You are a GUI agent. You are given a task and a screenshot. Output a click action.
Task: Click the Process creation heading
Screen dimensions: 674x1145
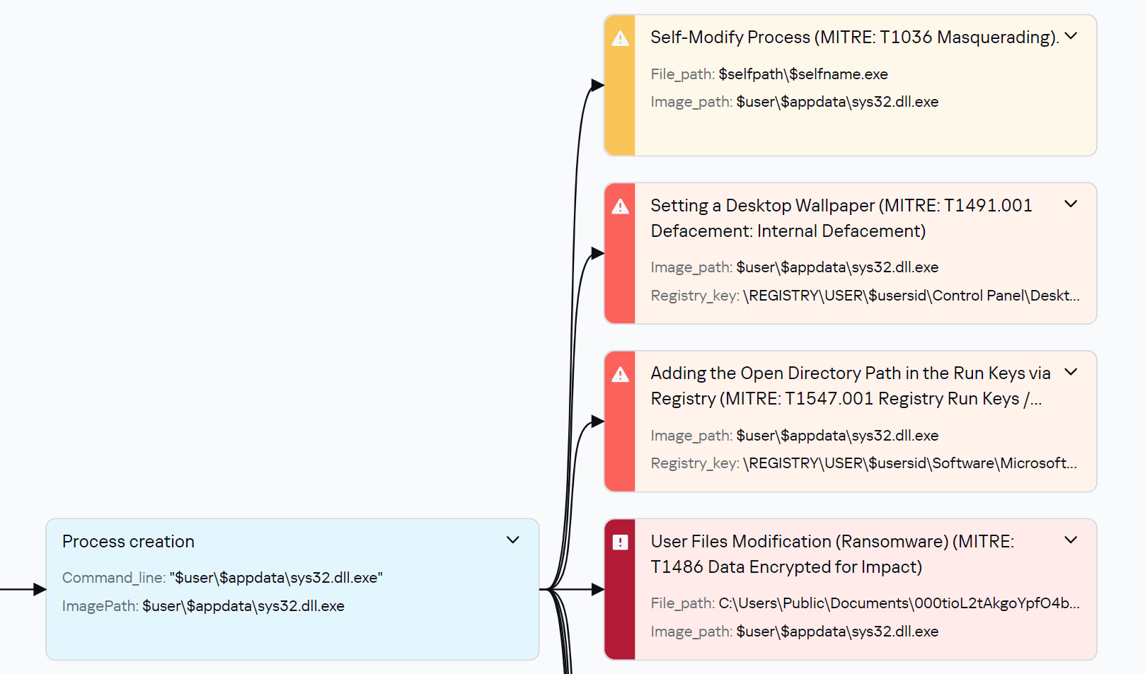tap(128, 542)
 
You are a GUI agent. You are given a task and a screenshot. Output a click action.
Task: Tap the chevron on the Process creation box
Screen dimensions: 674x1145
tap(513, 540)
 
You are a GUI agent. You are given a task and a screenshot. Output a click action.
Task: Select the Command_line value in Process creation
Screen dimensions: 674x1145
tap(276, 578)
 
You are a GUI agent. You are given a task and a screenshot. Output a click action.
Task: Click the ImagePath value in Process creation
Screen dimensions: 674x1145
tap(243, 606)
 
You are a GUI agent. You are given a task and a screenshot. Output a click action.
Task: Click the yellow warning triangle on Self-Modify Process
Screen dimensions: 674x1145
tap(620, 39)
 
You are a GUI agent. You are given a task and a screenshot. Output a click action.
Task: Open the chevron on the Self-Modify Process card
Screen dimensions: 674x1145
tap(1071, 36)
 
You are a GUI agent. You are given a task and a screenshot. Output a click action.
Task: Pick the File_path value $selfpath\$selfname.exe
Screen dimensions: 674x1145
tap(803, 74)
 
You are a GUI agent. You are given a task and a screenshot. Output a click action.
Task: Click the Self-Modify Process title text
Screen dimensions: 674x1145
tap(854, 37)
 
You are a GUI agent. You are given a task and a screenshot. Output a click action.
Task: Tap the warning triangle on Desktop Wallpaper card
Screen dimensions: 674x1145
tap(620, 207)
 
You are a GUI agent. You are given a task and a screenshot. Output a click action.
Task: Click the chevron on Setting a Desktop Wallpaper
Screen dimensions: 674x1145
tap(1071, 204)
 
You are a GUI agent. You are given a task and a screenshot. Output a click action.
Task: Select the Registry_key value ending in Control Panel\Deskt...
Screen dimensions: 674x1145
tap(911, 296)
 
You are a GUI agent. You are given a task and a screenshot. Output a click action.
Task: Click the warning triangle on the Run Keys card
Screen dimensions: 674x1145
tap(620, 375)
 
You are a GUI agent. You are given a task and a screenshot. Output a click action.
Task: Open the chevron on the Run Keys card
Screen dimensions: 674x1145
tap(1071, 372)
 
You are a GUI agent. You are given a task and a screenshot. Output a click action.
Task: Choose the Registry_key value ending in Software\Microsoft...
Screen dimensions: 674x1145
tap(910, 463)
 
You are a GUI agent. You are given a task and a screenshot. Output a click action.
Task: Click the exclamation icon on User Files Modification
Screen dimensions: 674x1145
tap(620, 542)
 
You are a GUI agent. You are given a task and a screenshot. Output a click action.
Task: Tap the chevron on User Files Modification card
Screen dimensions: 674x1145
tap(1071, 540)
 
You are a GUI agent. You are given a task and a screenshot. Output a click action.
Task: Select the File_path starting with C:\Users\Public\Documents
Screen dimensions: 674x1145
tap(899, 603)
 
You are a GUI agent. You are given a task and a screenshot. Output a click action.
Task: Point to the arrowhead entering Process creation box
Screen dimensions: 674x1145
tap(40, 589)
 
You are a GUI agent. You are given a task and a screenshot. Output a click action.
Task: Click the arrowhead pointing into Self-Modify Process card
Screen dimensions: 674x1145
tap(597, 86)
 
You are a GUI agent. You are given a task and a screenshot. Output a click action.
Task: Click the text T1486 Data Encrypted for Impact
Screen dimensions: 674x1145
tap(786, 567)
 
